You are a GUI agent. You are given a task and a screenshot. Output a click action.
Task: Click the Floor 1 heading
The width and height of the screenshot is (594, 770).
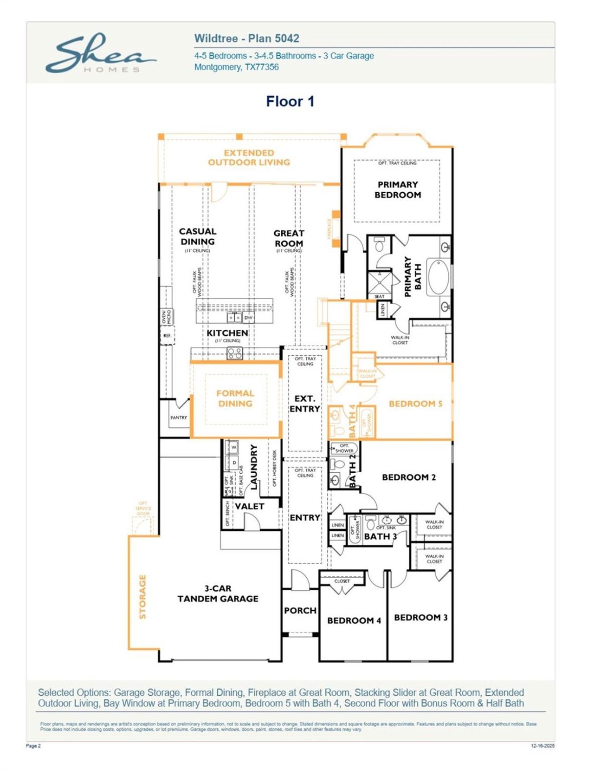290,101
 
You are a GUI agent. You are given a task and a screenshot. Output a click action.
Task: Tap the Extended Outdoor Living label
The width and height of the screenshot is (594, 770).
249,157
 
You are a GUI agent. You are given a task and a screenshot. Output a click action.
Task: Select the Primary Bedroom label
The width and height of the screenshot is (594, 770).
398,189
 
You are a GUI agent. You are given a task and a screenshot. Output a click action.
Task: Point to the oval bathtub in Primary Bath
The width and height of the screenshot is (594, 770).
438,277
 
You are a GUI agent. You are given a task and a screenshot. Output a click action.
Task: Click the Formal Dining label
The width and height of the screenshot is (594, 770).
235,398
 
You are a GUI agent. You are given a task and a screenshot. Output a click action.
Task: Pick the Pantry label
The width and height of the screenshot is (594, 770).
179,418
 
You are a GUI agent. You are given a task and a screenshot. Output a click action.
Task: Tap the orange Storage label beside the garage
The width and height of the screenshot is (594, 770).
142,597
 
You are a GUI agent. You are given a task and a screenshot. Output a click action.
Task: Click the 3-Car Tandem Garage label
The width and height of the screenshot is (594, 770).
218,594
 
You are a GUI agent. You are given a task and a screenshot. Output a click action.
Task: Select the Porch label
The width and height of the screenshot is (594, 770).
300,610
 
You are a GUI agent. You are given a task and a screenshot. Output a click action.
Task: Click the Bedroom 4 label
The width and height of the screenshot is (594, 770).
354,620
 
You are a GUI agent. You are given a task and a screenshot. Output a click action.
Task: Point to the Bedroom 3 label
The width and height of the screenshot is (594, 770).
420,617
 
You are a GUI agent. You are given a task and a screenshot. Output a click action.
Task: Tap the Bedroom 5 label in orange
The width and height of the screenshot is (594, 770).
415,404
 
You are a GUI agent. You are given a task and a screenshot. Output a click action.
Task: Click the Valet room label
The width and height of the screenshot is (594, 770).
249,506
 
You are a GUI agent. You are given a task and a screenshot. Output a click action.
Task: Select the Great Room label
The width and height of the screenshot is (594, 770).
289,238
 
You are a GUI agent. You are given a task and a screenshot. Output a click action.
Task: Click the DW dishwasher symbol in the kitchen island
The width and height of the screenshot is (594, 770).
248,318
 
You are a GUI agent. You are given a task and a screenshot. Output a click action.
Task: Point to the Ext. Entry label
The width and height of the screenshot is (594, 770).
304,404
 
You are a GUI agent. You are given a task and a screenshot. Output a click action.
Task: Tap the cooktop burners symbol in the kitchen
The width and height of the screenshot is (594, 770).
234,353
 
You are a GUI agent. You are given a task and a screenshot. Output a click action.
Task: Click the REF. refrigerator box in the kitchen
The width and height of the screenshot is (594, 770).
168,335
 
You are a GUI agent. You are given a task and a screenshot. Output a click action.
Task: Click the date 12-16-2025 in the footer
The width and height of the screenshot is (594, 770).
542,746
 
